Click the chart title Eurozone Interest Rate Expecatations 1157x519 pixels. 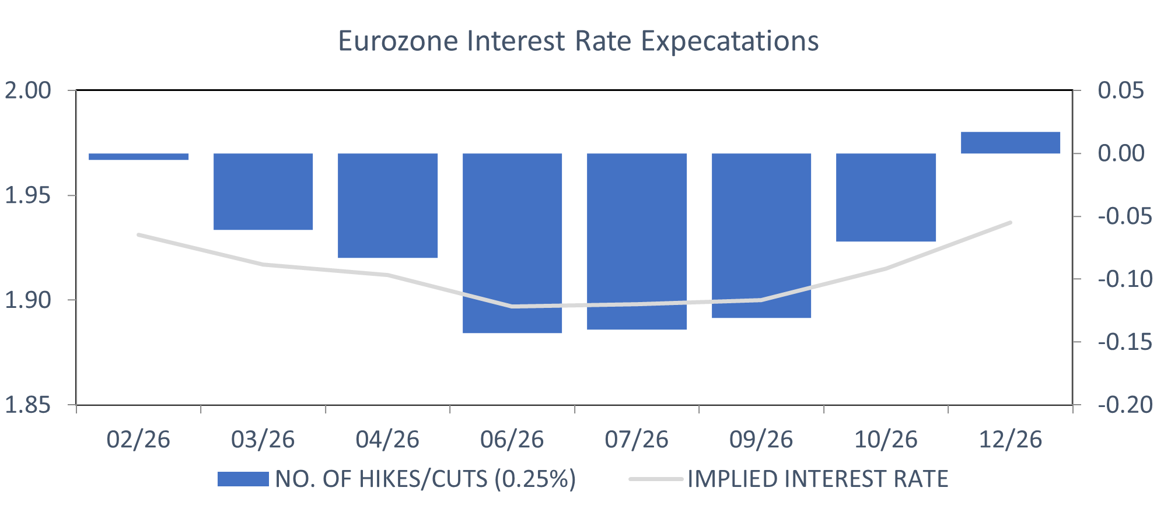pyautogui.click(x=578, y=41)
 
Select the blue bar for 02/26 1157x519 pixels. pyautogui.click(x=138, y=156)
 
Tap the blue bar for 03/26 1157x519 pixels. pyautogui.click(x=263, y=191)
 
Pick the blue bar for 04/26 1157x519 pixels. pyautogui.click(x=387, y=205)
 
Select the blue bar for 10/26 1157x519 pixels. pyautogui.click(x=886, y=197)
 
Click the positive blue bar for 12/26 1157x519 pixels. pyautogui.click(x=1010, y=143)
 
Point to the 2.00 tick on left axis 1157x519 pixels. pyautogui.click(x=28, y=90)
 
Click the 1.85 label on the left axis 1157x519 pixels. pyautogui.click(x=28, y=405)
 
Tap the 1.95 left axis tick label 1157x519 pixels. pyautogui.click(x=28, y=195)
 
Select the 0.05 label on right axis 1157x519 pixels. pyautogui.click(x=1120, y=90)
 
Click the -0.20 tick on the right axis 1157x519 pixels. pyautogui.click(x=1125, y=405)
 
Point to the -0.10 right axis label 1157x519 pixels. pyautogui.click(x=1125, y=279)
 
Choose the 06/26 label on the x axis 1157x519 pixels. pyautogui.click(x=512, y=440)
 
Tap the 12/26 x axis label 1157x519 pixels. pyautogui.click(x=1010, y=440)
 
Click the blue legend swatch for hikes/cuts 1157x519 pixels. pyautogui.click(x=243, y=479)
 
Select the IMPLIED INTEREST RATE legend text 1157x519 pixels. pyautogui.click(x=817, y=479)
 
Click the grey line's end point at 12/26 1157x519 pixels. pyautogui.click(x=1010, y=223)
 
